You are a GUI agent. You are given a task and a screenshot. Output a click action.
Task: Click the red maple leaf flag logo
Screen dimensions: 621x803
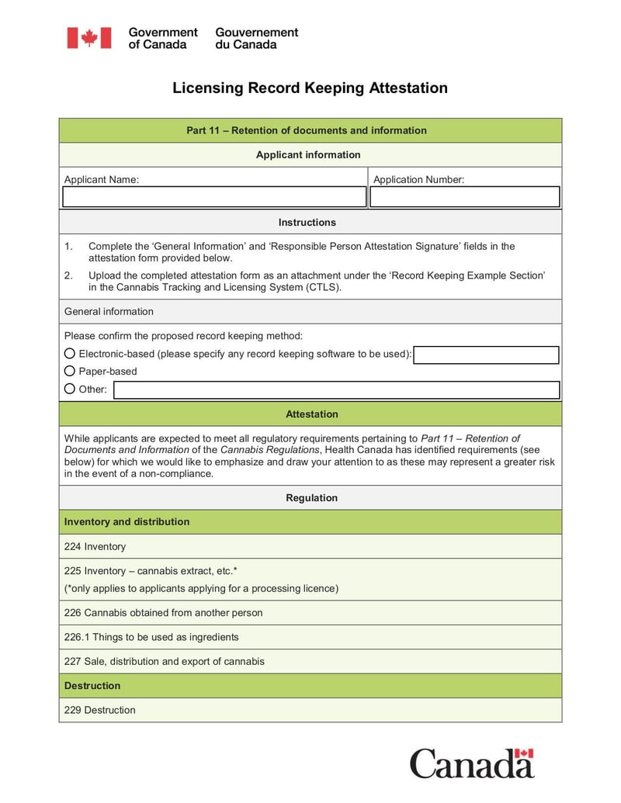point(88,38)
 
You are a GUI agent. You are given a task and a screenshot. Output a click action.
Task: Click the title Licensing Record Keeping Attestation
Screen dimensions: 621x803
point(310,88)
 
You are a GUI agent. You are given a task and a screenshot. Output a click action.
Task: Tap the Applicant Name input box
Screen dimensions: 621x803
point(214,197)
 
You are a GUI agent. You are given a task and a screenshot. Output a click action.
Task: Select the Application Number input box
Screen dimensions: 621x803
point(464,197)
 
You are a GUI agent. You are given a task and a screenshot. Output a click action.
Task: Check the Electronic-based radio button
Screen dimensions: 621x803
point(70,354)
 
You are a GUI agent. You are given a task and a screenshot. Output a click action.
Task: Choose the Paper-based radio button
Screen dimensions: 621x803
point(70,371)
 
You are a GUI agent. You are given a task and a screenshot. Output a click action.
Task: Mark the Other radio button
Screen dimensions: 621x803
point(70,389)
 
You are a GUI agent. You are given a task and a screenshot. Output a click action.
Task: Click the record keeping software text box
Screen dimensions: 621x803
point(486,355)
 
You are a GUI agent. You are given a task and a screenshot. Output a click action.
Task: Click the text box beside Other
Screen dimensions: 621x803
point(336,389)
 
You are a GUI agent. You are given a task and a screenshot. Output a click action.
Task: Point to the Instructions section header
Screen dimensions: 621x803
point(307,222)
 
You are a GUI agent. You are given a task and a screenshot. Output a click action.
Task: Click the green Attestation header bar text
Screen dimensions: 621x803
point(311,414)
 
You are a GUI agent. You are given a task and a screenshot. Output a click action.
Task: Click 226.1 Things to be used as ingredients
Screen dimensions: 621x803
point(151,637)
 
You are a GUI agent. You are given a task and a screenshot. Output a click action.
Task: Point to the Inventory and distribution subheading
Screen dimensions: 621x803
point(127,522)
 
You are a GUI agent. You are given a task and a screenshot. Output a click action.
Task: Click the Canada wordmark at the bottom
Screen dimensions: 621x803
point(471,763)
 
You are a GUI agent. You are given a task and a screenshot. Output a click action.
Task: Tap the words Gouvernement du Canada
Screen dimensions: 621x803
point(256,38)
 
